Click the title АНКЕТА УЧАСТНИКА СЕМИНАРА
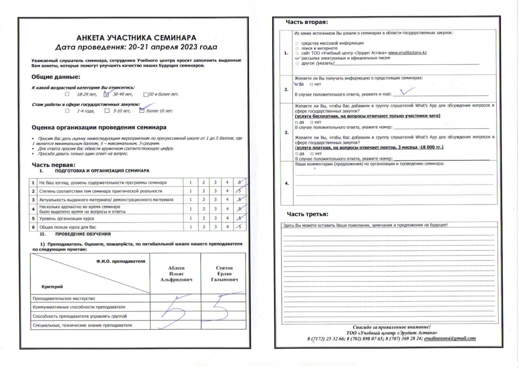coord(136,38)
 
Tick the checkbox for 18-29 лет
coord(67,94)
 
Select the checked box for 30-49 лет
coord(106,94)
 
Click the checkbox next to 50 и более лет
coord(146,95)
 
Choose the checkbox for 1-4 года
coord(67,111)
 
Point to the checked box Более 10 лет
coord(142,111)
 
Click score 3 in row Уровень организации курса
coord(215,218)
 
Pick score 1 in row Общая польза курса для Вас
coord(191,227)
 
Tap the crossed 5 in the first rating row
coord(240,182)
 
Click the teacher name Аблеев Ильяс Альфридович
coord(176,274)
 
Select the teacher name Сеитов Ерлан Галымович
coord(224,274)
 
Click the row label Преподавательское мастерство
coord(64,299)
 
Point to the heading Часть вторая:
coord(307,22)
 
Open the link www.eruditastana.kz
coord(407,53)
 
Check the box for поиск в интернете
coord(297,48)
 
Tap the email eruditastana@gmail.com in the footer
coord(450,338)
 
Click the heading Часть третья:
coord(308,214)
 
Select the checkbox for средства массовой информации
coord(297,43)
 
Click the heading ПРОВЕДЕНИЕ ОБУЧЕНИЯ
coord(83,234)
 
